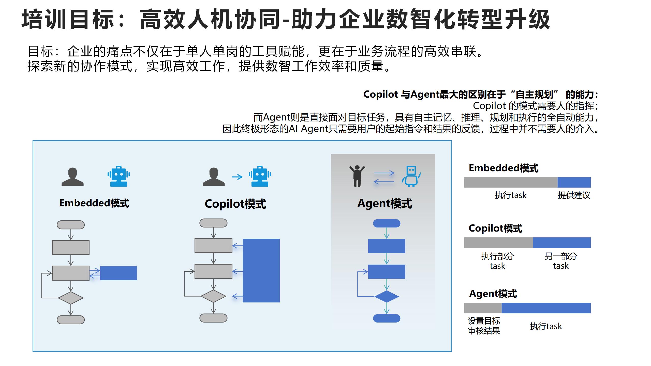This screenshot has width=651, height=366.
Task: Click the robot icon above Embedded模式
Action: (x=119, y=176)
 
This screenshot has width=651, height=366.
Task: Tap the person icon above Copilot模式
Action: (x=214, y=177)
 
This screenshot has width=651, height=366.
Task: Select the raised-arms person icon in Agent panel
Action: (x=357, y=176)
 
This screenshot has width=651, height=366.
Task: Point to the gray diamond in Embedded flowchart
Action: (x=71, y=298)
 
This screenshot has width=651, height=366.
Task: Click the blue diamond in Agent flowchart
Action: (x=387, y=296)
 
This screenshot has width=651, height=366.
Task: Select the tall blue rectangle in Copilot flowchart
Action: (x=261, y=270)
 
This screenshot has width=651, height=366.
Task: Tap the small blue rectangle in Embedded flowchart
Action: (x=119, y=273)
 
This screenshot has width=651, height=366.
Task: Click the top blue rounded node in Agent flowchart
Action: (x=387, y=223)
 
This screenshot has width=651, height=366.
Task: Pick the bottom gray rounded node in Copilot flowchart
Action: (x=213, y=318)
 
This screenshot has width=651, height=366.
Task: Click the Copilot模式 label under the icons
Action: (x=235, y=204)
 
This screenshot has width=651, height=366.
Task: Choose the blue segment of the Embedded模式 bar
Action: (x=574, y=182)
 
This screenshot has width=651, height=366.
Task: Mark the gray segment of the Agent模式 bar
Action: (x=483, y=308)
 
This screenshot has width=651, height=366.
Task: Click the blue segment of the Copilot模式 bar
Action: (x=561, y=243)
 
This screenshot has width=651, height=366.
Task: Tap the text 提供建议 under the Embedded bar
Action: (x=574, y=195)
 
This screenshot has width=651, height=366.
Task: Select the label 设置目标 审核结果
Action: (x=484, y=326)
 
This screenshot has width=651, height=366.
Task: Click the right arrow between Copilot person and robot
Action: (x=237, y=177)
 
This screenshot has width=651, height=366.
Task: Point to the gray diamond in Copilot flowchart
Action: (x=213, y=296)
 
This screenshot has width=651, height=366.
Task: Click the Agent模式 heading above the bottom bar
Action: (x=493, y=294)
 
